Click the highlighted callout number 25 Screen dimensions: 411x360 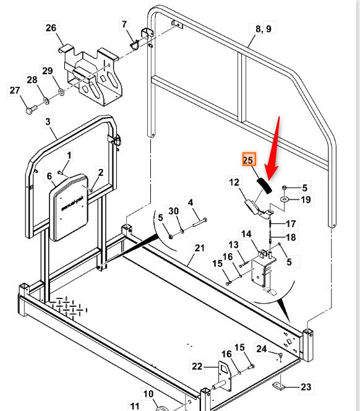coord(249,160)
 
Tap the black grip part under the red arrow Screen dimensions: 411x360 coord(263,185)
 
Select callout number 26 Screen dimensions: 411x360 coord(51,28)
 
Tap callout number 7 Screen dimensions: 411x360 coord(124,24)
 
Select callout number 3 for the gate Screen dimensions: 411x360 coord(48,122)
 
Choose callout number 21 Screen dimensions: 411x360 coord(199,248)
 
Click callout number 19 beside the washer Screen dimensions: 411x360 coord(306,199)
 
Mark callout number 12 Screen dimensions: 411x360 coord(234,182)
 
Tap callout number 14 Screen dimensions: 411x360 coord(246,234)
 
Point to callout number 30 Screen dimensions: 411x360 coord(174,211)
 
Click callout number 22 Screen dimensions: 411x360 coord(197,366)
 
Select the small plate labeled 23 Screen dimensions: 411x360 coord(280,386)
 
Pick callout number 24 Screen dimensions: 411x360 coord(262,349)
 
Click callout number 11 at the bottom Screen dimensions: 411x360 coord(135,405)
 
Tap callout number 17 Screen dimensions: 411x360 coord(291,223)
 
